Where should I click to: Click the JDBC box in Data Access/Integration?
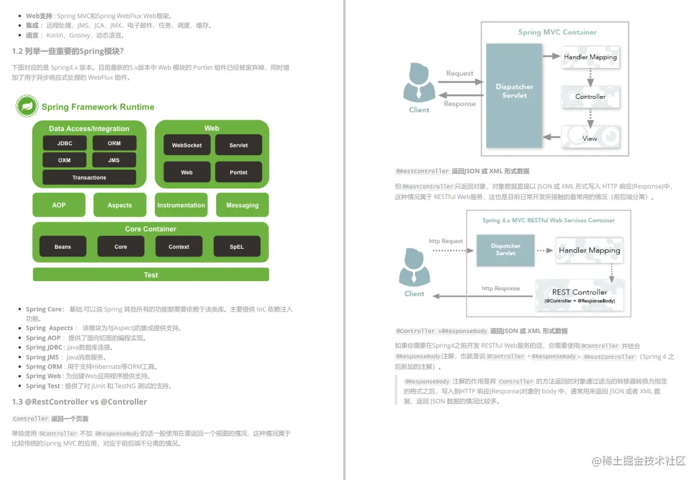tap(65, 143)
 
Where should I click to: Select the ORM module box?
tap(114, 143)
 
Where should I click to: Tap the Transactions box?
tap(89, 177)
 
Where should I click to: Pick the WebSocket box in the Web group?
tap(187, 145)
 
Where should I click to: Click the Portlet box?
tap(238, 173)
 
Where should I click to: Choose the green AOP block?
tap(59, 205)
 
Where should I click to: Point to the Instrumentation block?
tap(181, 205)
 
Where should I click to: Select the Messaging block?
tap(242, 205)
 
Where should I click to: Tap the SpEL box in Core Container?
tap(237, 246)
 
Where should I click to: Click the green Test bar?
tap(151, 275)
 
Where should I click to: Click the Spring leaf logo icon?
tap(27, 107)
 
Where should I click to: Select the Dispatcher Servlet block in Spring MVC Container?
tap(514, 91)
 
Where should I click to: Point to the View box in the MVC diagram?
tap(590, 138)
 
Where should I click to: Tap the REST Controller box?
tap(579, 295)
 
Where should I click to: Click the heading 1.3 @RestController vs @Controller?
tap(79, 402)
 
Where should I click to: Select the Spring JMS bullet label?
tap(42, 357)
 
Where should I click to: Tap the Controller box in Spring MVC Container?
tap(590, 97)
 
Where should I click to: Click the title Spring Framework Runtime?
tap(98, 107)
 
